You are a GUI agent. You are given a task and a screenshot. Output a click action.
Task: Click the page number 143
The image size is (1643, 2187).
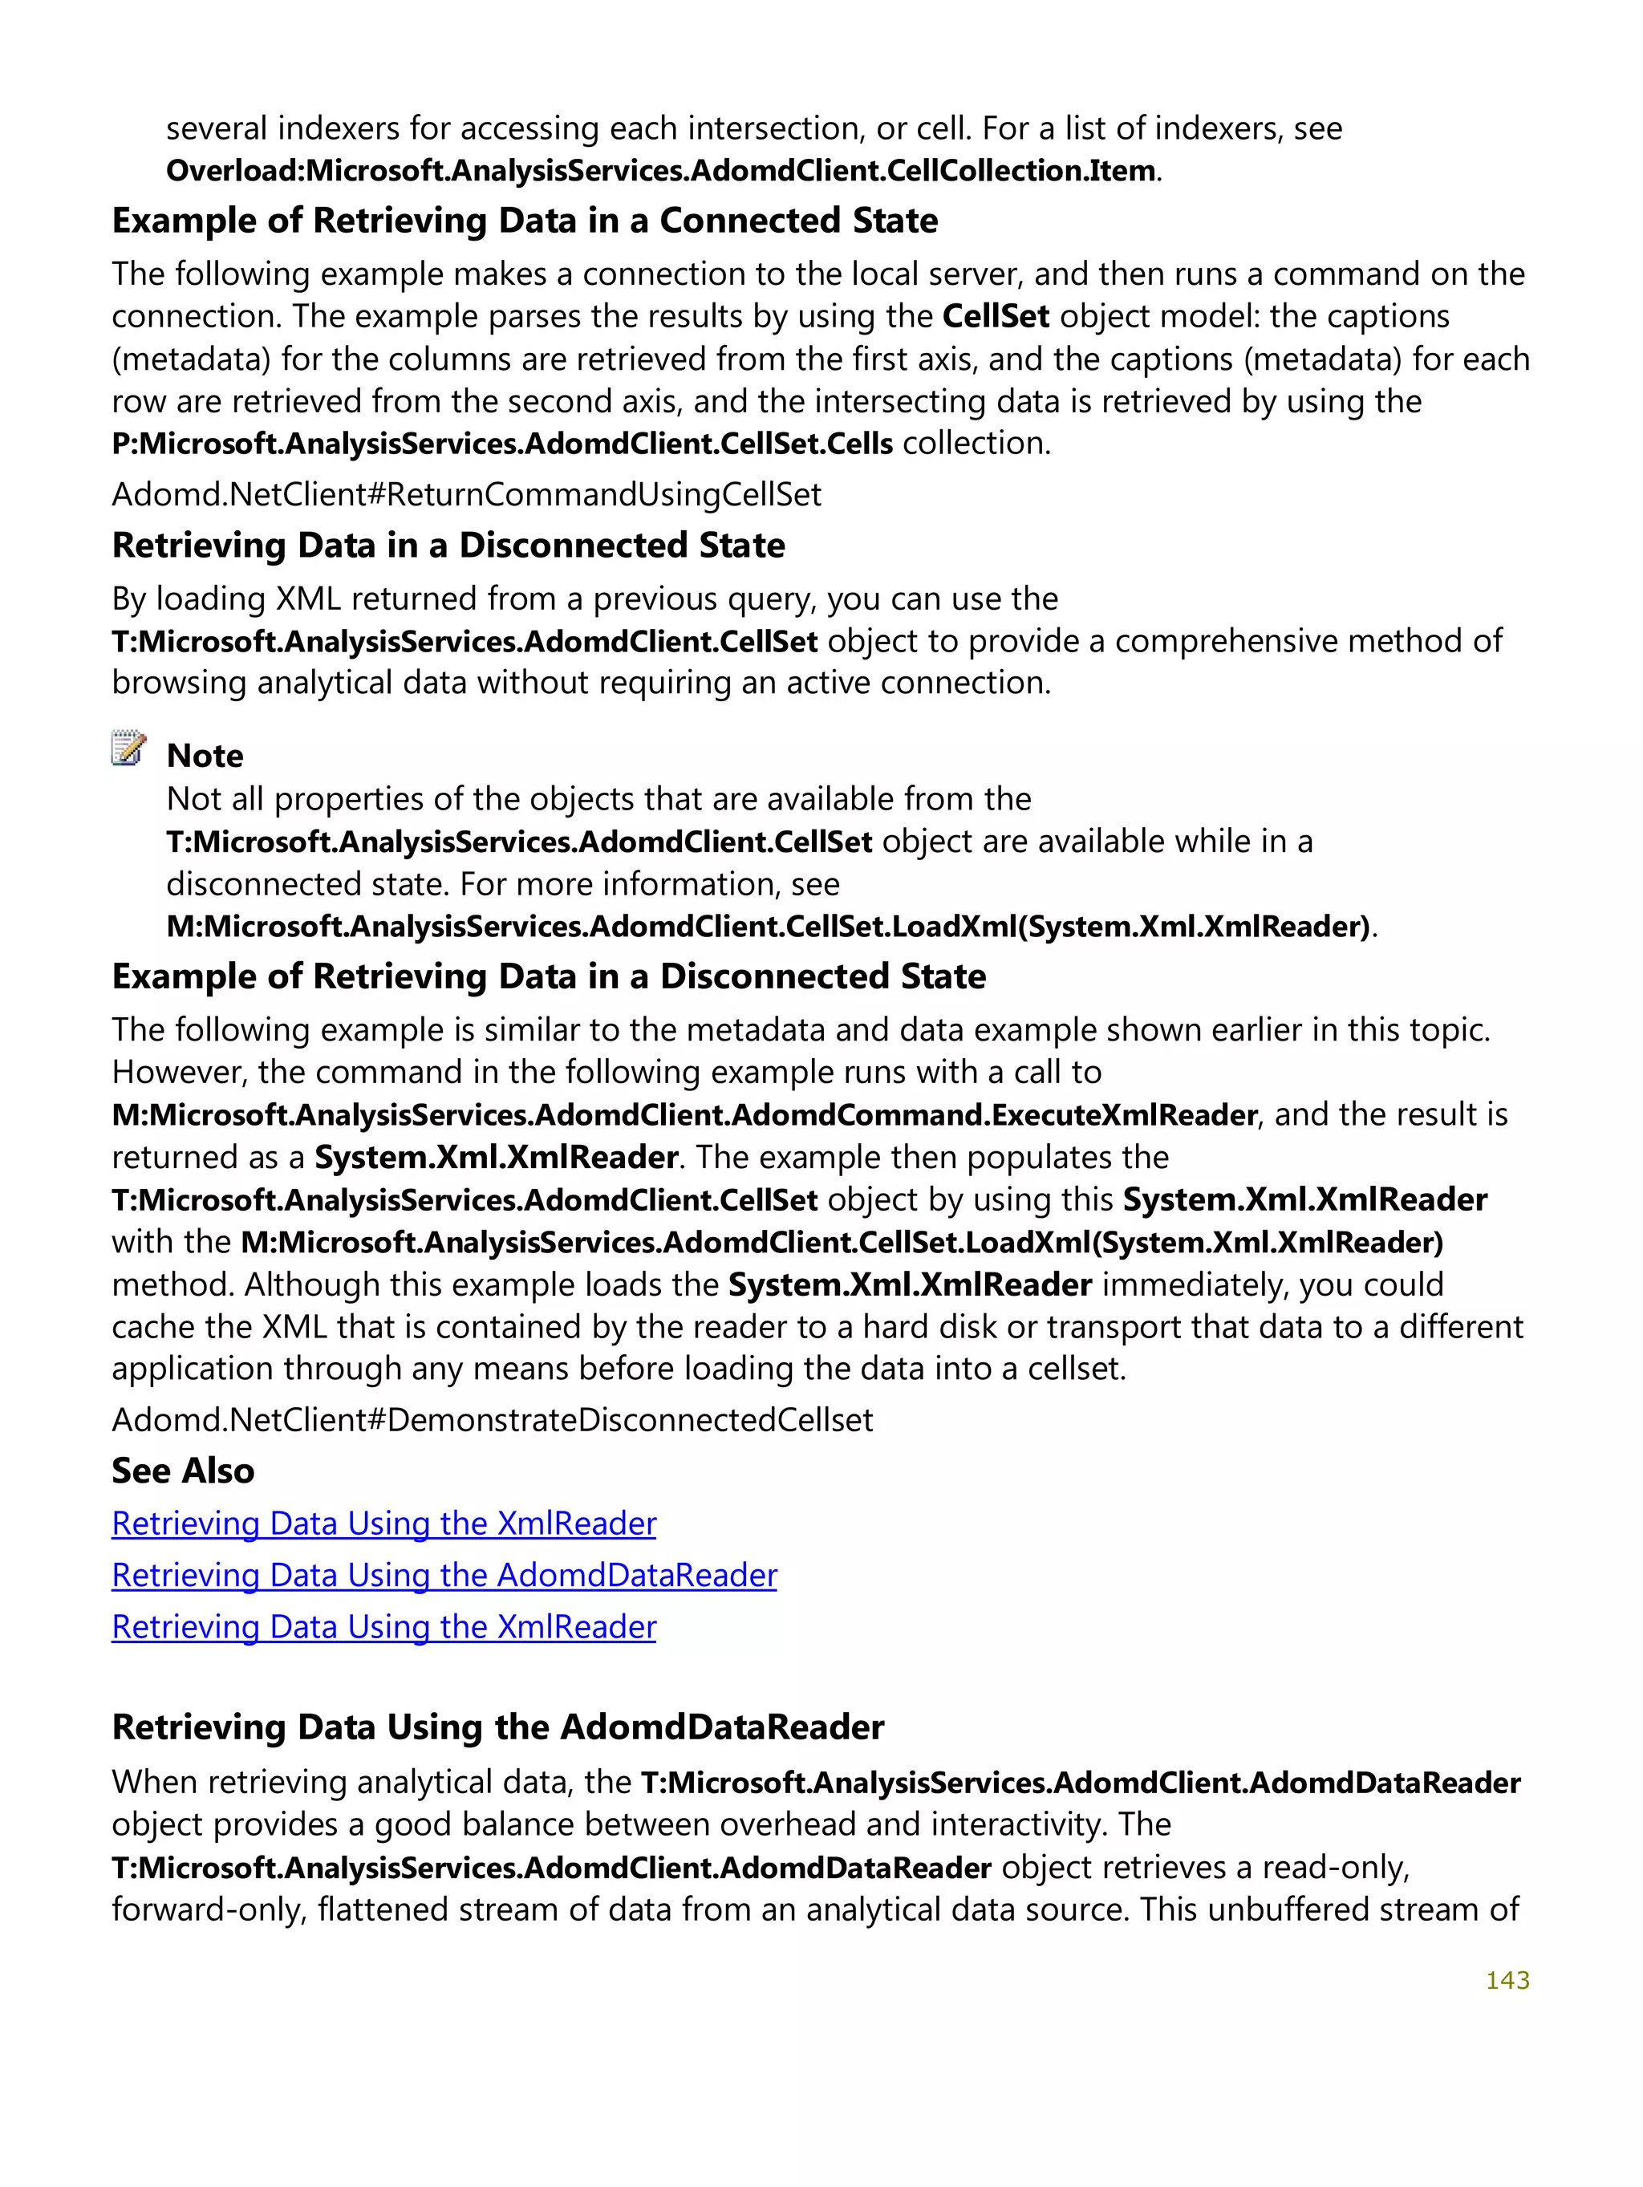pos(1507,1980)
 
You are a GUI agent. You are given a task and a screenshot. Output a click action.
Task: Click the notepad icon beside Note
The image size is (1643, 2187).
pos(128,749)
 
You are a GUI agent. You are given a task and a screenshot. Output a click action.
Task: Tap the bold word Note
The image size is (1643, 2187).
pos(205,756)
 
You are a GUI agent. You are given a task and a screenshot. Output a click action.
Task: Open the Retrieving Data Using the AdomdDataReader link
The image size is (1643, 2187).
pos(444,1575)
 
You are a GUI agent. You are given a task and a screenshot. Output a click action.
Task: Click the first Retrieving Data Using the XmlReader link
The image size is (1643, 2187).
pos(383,1524)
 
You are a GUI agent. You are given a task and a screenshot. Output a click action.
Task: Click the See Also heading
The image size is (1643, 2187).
pos(183,1471)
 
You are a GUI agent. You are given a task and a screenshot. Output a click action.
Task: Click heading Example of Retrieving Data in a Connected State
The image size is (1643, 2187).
pos(524,221)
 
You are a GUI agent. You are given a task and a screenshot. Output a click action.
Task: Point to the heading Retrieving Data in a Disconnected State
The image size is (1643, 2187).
pos(448,545)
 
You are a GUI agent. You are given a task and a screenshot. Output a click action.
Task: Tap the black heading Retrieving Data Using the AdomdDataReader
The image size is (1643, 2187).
pos(497,1727)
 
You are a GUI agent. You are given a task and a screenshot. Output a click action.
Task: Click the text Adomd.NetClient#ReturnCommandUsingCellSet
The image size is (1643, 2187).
pos(465,494)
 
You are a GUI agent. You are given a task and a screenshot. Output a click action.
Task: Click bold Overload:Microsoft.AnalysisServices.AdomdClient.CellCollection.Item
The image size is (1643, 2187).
pos(660,171)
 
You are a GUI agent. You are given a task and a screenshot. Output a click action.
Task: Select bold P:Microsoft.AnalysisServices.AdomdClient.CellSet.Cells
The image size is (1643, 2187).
pos(502,443)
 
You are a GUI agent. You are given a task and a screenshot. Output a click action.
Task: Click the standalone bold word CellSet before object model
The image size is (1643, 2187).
pos(996,316)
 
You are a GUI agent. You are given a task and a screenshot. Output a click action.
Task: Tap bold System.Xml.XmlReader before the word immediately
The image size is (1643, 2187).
pos(910,1284)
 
